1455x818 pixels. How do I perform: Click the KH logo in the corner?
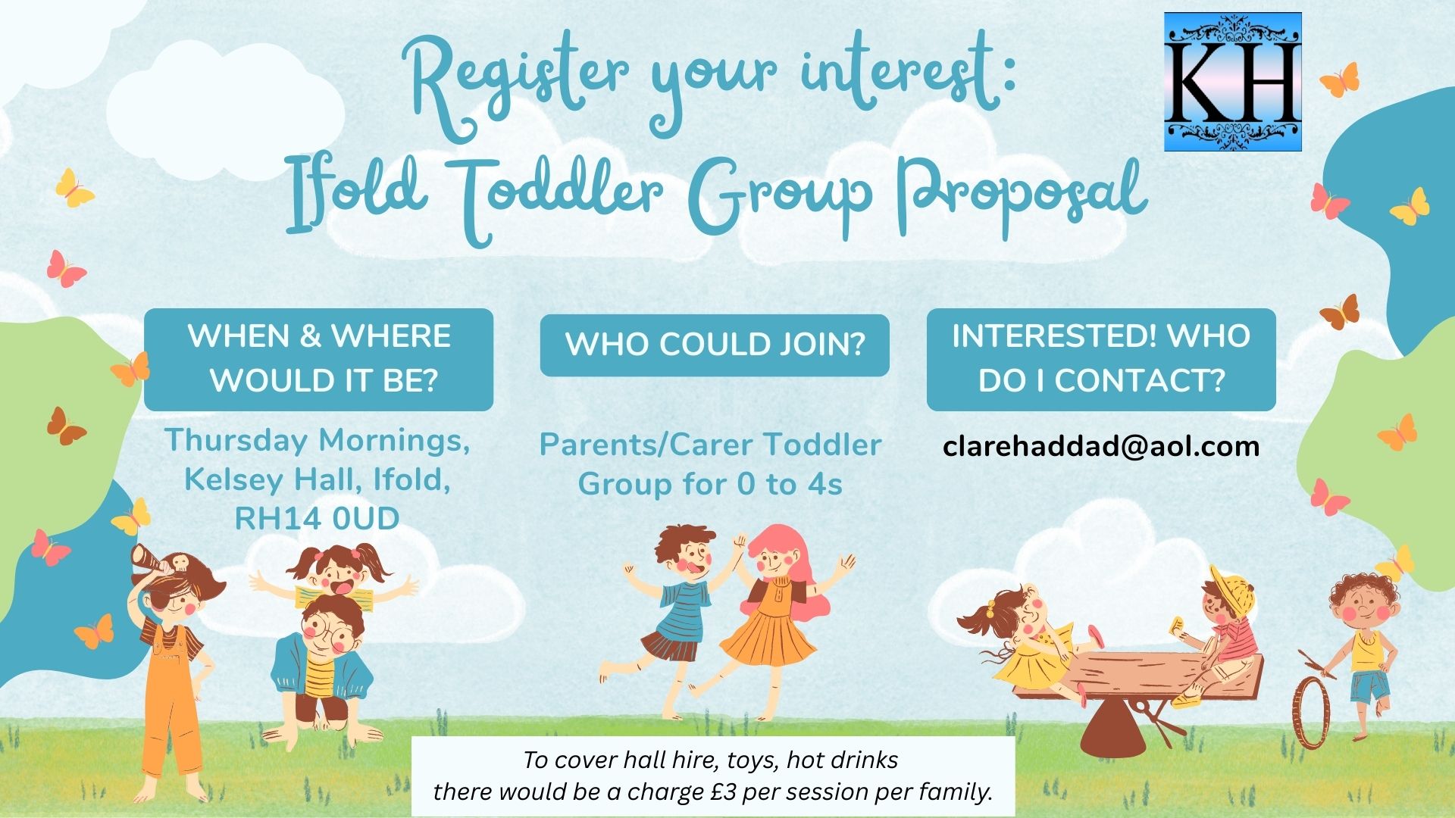coord(1233,82)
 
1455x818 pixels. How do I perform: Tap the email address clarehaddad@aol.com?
coord(1101,446)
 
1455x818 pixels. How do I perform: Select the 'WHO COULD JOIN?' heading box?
coord(715,345)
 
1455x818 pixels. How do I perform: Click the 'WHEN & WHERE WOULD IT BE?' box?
coord(318,359)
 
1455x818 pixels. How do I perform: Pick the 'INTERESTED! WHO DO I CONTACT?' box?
coord(1101,359)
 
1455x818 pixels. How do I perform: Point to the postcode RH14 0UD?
coord(318,520)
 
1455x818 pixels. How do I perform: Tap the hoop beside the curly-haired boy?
coord(1312,713)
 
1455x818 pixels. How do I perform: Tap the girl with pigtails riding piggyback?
coord(333,579)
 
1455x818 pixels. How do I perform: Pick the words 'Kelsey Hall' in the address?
coord(258,480)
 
